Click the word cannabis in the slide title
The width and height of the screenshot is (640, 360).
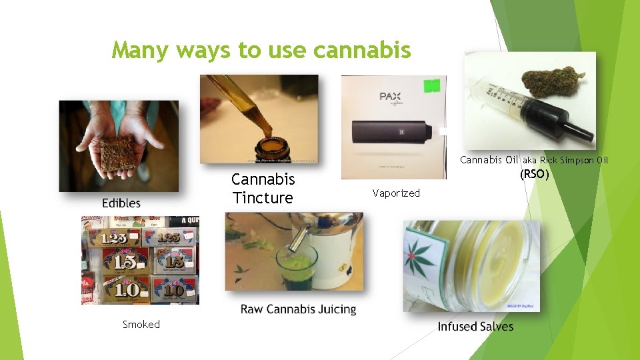click(x=361, y=50)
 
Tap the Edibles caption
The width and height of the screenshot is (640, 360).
click(x=121, y=203)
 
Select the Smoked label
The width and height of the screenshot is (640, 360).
click(x=141, y=325)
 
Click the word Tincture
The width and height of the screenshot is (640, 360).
click(x=263, y=198)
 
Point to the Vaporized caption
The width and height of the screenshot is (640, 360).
click(x=396, y=193)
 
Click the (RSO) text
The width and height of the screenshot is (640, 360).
click(x=534, y=175)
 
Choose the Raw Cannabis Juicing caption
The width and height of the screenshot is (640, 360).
click(x=298, y=309)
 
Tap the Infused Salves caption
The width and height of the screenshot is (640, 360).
click(x=475, y=327)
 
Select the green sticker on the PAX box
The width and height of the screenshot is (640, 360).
click(x=433, y=85)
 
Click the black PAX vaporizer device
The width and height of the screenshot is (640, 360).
click(x=393, y=133)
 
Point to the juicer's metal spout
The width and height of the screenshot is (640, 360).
click(x=300, y=237)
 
